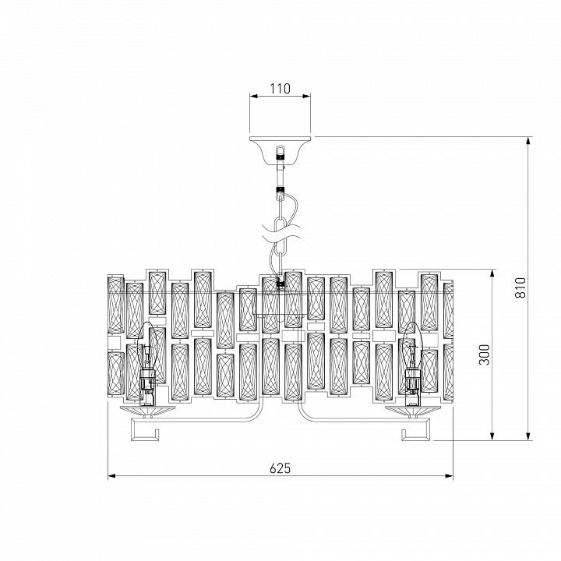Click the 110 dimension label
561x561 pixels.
point(280,88)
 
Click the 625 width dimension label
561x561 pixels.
point(280,468)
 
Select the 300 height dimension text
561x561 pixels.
point(484,355)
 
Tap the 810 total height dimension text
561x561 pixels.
point(520,288)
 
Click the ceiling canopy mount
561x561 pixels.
point(280,150)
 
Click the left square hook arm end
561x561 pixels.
point(145,429)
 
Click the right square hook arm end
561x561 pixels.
point(415,429)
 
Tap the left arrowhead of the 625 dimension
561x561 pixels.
point(111,476)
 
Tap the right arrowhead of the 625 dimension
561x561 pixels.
point(449,476)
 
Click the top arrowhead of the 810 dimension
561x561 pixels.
point(528,140)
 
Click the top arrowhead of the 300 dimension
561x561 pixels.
point(492,273)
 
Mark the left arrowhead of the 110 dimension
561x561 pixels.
point(254,96)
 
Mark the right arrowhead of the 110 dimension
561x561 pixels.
point(307,96)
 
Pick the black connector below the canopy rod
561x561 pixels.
point(280,189)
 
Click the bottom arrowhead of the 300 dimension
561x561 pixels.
point(492,436)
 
